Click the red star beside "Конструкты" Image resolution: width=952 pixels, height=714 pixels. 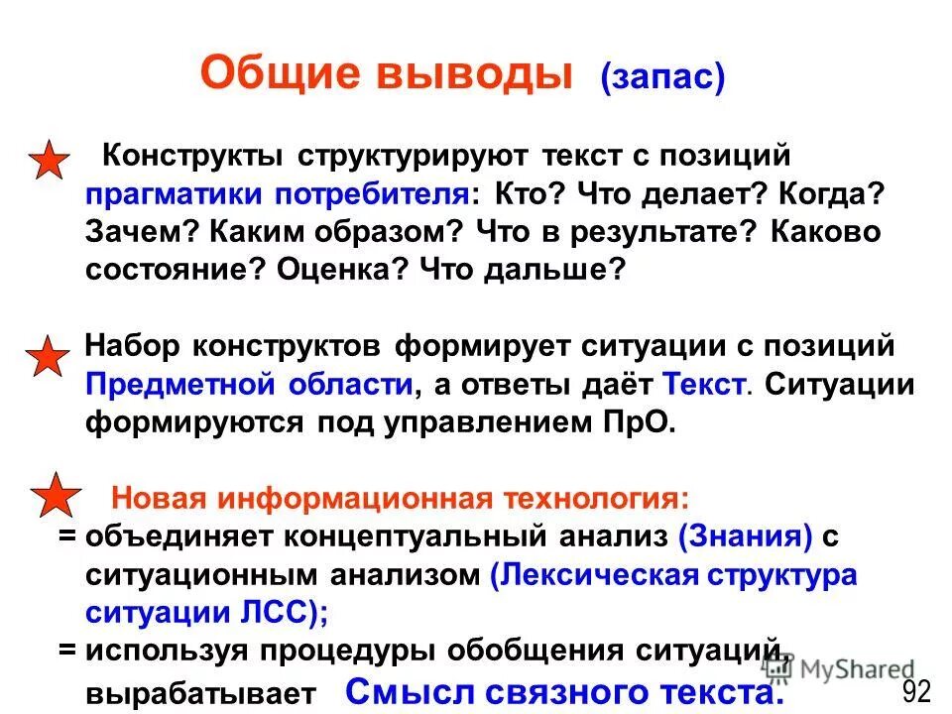pos(47,161)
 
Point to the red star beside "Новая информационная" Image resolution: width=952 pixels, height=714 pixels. pos(58,496)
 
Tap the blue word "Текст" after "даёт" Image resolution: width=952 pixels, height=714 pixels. pos(702,385)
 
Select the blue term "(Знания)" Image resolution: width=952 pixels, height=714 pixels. pos(746,537)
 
